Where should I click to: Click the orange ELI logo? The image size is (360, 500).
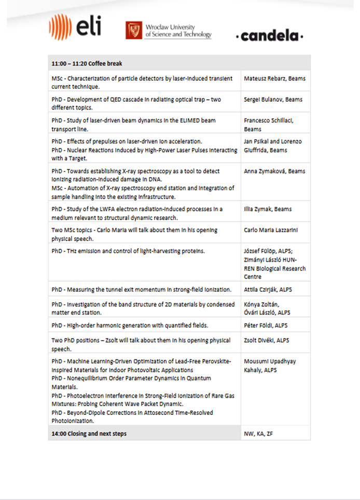[x=75, y=27]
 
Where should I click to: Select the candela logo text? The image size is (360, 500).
[x=270, y=36]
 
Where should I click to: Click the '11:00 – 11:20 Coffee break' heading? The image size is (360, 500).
[x=87, y=64]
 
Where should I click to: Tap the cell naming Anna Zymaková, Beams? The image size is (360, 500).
[x=274, y=171]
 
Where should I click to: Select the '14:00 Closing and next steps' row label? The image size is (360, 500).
[x=89, y=433]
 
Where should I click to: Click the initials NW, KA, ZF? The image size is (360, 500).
[x=258, y=433]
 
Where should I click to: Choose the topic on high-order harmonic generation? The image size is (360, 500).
[x=129, y=325]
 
